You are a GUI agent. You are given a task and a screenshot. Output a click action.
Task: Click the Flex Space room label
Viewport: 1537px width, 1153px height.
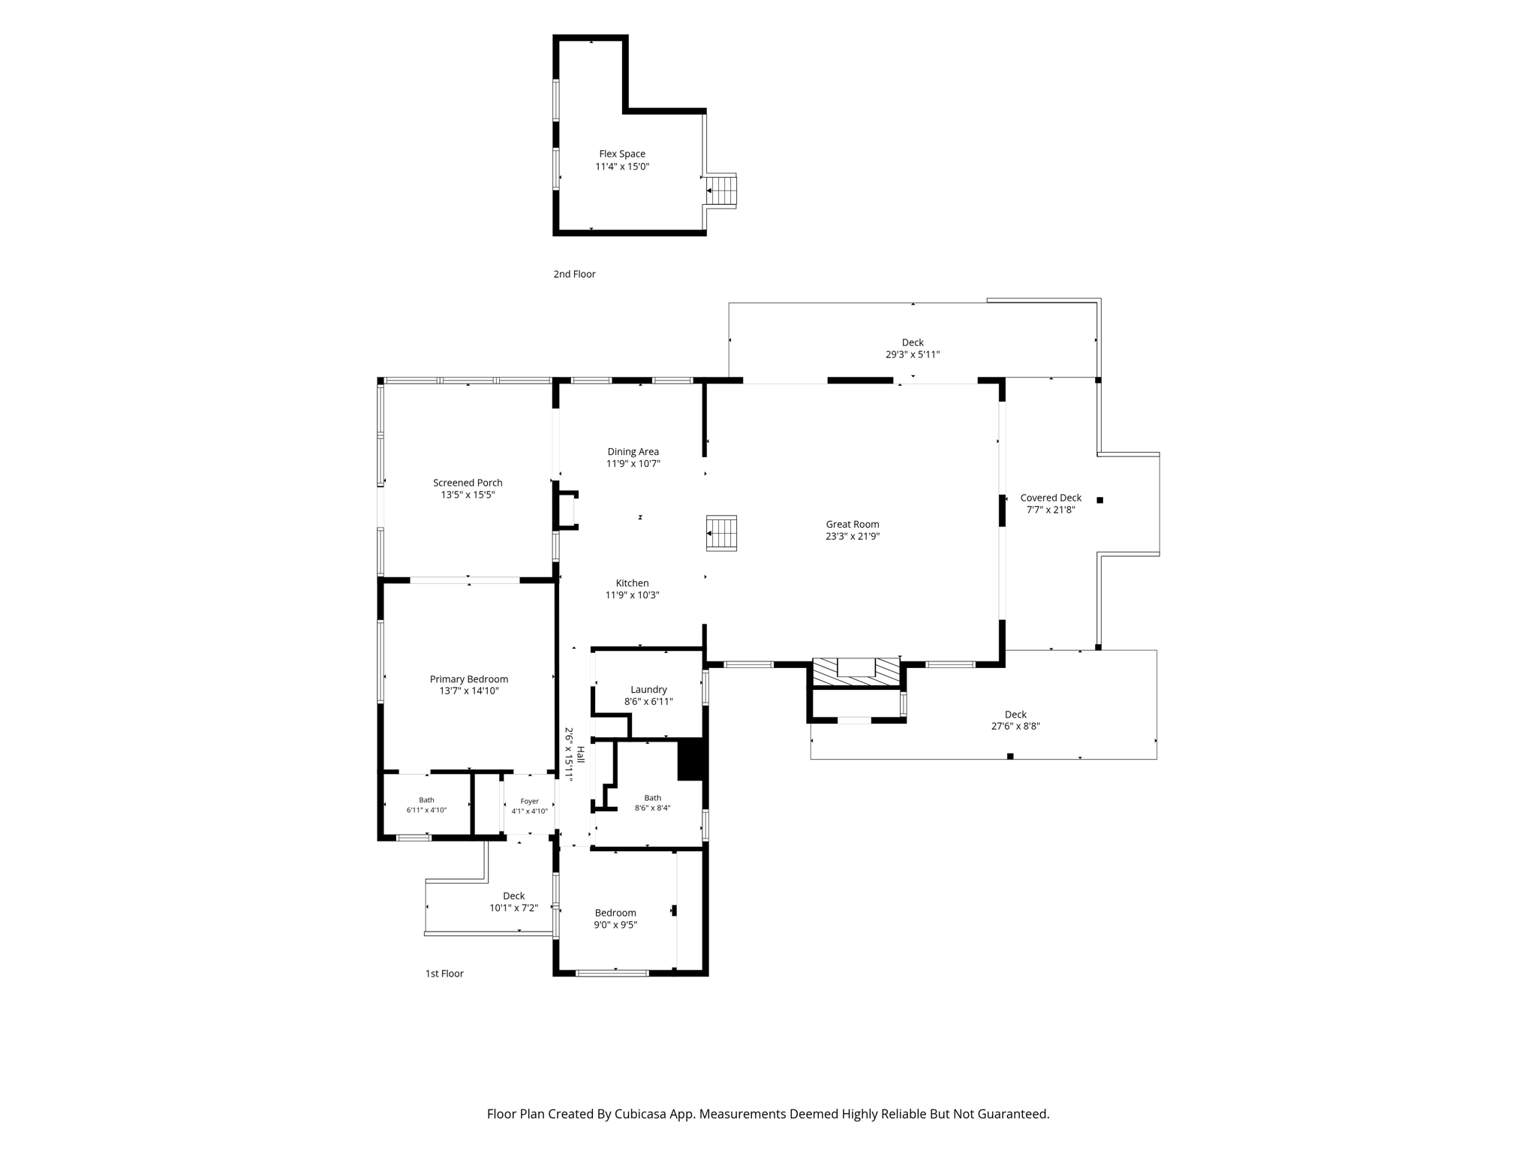(621, 154)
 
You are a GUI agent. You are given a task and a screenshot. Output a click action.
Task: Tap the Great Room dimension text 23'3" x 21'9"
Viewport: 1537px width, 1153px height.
(853, 537)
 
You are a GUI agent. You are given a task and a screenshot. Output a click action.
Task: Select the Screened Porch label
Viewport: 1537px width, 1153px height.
(468, 483)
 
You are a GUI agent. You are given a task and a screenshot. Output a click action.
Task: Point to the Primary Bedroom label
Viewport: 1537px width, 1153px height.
(469, 679)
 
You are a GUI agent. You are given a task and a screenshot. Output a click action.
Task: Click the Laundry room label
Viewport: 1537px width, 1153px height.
(648, 690)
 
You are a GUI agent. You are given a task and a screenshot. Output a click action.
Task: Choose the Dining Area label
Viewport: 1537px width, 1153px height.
(633, 452)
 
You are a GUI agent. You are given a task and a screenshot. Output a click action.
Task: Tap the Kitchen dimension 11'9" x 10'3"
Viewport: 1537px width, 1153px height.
(633, 595)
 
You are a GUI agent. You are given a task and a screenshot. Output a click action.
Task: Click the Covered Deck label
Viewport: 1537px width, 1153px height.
(1051, 498)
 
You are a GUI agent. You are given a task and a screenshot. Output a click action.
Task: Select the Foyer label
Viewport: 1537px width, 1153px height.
(530, 802)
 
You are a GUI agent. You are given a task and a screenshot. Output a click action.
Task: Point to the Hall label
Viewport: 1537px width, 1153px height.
(580, 754)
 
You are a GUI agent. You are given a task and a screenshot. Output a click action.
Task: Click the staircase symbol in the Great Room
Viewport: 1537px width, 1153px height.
(721, 533)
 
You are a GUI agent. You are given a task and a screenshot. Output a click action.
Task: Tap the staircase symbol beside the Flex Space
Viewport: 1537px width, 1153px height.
(722, 191)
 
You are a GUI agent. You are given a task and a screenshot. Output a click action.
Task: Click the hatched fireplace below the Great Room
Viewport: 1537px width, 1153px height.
(856, 673)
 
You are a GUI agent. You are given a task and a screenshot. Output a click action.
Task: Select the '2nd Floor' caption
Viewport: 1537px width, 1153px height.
(574, 274)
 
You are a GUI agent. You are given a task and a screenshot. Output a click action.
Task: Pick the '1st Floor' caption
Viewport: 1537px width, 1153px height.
(444, 974)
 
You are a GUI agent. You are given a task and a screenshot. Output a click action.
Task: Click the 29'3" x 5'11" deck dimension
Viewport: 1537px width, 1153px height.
(913, 355)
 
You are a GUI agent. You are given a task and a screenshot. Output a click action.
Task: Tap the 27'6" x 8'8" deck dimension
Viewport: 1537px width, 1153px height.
(1015, 727)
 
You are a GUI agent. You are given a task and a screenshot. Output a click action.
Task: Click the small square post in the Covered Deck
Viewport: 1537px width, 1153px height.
(1100, 500)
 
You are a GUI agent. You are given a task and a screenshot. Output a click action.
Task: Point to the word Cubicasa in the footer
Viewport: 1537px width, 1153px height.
(642, 1114)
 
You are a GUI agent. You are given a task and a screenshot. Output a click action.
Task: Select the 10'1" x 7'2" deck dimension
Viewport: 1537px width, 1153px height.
(514, 908)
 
